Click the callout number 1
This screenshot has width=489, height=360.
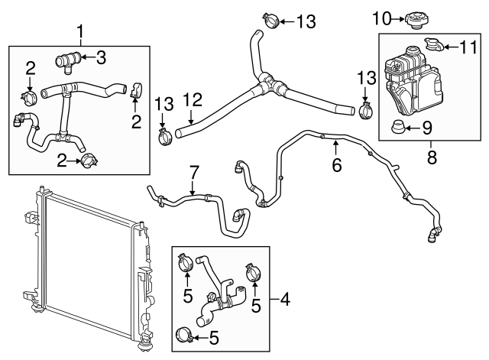pyautogui.click(x=80, y=32)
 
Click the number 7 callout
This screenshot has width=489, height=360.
pyautogui.click(x=193, y=172)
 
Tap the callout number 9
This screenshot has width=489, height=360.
pyautogui.click(x=427, y=126)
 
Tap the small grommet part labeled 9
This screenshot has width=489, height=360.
pyautogui.click(x=398, y=126)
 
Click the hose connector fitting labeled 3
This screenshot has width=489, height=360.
pyautogui.click(x=66, y=58)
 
